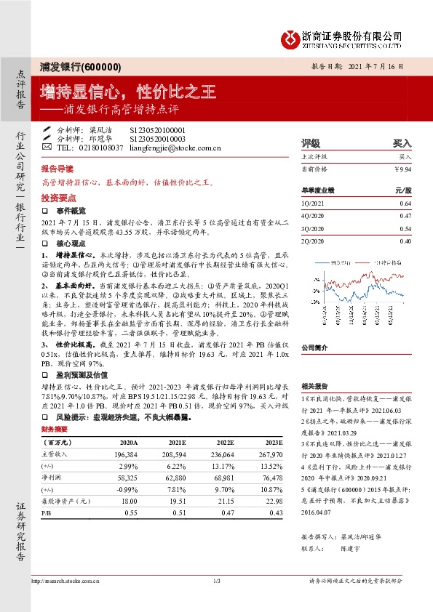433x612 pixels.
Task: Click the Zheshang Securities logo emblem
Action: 292,38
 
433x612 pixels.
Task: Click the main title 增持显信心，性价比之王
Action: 129,92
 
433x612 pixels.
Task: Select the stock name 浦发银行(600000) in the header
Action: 80,66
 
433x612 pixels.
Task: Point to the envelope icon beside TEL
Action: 47,148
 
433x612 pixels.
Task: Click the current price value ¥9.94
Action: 402,169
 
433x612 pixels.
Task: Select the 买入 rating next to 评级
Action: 402,144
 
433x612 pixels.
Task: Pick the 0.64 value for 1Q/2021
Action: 405,203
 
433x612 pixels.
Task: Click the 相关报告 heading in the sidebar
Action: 315,387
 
